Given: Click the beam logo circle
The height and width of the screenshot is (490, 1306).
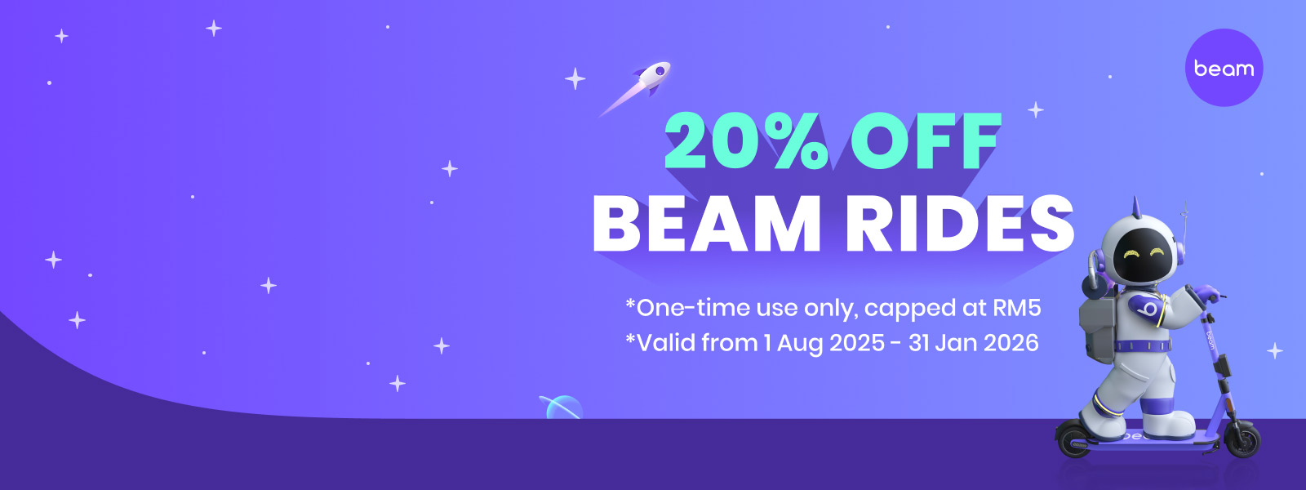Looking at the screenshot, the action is point(1224,68).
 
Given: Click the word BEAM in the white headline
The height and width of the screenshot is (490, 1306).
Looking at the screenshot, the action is point(707,224).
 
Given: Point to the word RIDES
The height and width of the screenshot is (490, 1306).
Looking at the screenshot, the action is point(960,224).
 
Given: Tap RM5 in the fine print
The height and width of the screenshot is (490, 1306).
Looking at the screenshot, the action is point(1017,307).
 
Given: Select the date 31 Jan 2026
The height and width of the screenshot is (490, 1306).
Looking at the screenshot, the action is point(973,342).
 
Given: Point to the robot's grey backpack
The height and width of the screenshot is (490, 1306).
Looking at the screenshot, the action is point(1096,327).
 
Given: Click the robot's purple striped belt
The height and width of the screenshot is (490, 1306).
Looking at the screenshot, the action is point(1142,345).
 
